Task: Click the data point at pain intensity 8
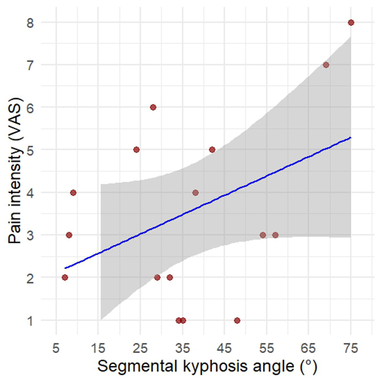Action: pyautogui.click(x=351, y=22)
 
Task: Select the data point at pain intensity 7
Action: pyautogui.click(x=326, y=65)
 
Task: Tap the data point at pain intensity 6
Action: pyautogui.click(x=153, y=107)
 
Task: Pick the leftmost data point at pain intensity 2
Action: pyautogui.click(x=65, y=277)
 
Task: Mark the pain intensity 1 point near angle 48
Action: pyautogui.click(x=237, y=320)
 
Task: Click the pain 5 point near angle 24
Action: pyautogui.click(x=136, y=150)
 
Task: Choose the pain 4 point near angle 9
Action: pyautogui.click(x=73, y=192)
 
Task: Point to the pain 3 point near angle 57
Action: pyautogui.click(x=275, y=235)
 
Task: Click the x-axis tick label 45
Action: pyautogui.click(x=225, y=349)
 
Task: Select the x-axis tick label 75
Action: pyautogui.click(x=351, y=349)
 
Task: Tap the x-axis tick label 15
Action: pyautogui.click(x=98, y=349)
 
